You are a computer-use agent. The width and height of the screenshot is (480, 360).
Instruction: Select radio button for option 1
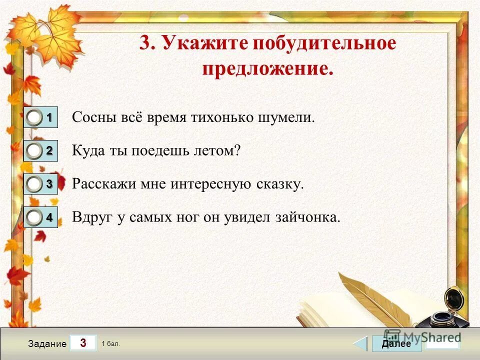coord(34,118)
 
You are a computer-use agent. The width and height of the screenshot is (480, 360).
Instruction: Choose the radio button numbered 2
coord(34,151)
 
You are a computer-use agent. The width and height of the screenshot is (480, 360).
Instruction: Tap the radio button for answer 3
coord(34,184)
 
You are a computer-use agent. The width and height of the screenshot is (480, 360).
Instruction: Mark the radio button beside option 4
coord(34,217)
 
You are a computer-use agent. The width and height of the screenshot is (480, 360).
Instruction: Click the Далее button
coord(396,343)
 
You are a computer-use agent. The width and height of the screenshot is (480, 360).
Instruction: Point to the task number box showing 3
coord(83,343)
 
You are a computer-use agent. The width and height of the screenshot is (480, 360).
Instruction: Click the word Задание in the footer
coord(47,344)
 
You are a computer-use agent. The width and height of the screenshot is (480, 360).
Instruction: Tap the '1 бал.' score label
coord(110,343)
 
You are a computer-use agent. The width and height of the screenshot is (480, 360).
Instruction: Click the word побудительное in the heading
coord(324,43)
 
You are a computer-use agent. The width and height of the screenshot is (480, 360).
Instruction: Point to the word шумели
coord(292,118)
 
